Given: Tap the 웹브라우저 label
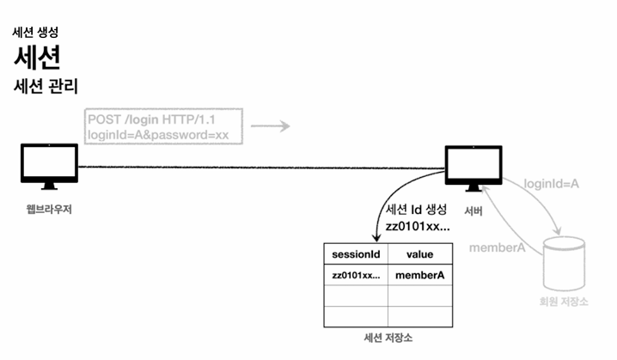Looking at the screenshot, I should tap(49, 209).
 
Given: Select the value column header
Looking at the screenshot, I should tap(419, 254).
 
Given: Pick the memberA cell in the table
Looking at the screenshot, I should tap(419, 276).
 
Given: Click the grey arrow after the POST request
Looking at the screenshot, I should tap(271, 126).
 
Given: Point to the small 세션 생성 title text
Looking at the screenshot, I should tap(34, 33).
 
